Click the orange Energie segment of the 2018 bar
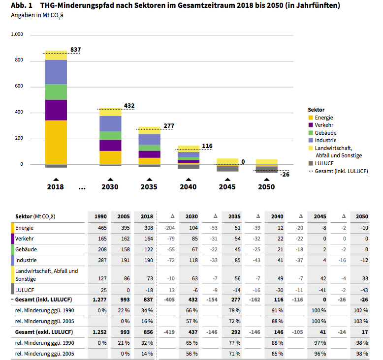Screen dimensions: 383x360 [x=56, y=143]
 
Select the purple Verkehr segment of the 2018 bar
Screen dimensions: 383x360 [x=56, y=110]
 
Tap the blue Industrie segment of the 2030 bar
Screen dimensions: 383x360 [x=110, y=124]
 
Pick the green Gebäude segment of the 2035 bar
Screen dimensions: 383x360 [x=150, y=148]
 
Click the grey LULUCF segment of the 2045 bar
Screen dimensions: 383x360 [x=227, y=168]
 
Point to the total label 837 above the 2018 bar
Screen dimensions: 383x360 [x=76, y=50]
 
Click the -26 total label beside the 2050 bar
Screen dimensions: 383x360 [x=285, y=175]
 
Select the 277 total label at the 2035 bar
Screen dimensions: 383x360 [x=169, y=126]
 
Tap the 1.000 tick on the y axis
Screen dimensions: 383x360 [x=17, y=34]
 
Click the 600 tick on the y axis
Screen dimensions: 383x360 [x=19, y=86]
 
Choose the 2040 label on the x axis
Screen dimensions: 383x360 [x=188, y=187]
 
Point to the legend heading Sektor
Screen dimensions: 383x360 [x=317, y=110]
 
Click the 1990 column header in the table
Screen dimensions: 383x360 [x=100, y=216]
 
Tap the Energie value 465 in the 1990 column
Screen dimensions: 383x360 [x=102, y=228]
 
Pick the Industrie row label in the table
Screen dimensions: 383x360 [x=26, y=260]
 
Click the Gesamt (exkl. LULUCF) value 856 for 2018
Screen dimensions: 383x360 [x=148, y=332]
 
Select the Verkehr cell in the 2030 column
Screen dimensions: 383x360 [x=194, y=239]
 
